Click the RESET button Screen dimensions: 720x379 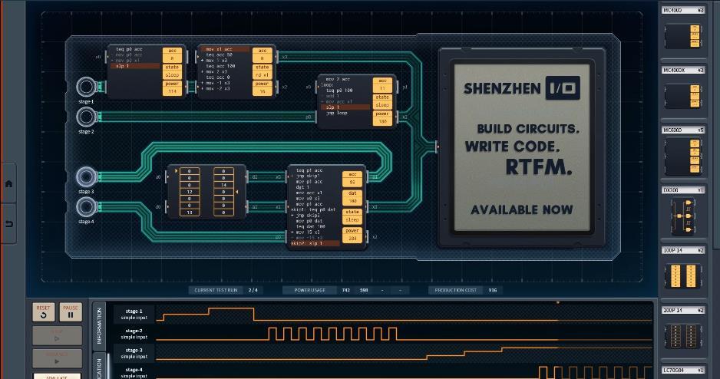point(43,311)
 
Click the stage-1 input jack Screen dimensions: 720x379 point(86,86)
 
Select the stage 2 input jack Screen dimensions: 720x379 point(86,117)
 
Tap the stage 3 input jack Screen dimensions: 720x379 point(86,176)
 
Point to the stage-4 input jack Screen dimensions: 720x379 point(86,206)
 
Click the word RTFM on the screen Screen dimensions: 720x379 point(538,167)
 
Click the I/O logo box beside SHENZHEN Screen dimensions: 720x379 point(562,88)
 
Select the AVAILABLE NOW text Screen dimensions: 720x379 point(521,209)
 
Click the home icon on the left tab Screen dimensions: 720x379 point(8,183)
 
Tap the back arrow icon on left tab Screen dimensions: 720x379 point(8,223)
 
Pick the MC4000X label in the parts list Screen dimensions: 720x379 point(675,70)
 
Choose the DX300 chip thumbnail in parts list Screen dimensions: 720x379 point(683,217)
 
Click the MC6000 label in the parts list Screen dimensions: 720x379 point(672,130)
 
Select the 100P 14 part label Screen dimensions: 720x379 point(675,250)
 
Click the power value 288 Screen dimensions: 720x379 point(352,239)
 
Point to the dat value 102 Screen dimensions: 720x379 point(352,200)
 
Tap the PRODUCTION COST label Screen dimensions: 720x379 point(457,290)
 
